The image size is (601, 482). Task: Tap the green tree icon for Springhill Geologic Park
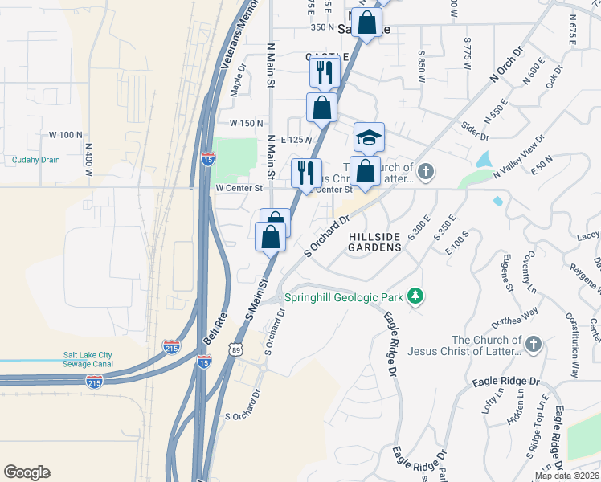415,297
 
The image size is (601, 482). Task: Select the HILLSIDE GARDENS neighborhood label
374,243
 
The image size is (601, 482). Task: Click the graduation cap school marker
369,138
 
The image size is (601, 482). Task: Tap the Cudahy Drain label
36,160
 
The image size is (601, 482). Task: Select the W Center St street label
239,188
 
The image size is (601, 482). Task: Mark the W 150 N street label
247,124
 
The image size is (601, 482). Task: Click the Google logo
27,472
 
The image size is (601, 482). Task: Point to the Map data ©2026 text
567,476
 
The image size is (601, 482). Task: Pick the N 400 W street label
90,160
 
